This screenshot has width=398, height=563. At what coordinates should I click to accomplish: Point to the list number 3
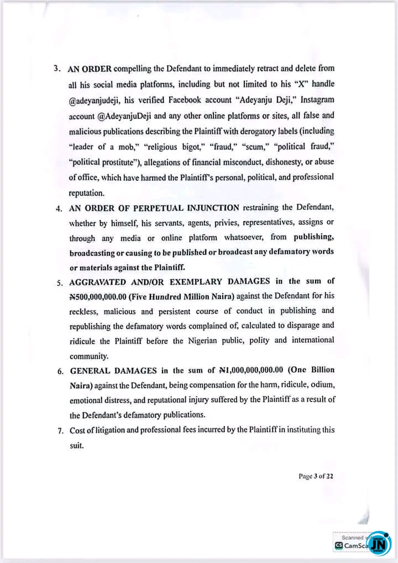tap(57, 70)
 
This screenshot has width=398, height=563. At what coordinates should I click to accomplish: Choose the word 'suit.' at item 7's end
tap(76, 444)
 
